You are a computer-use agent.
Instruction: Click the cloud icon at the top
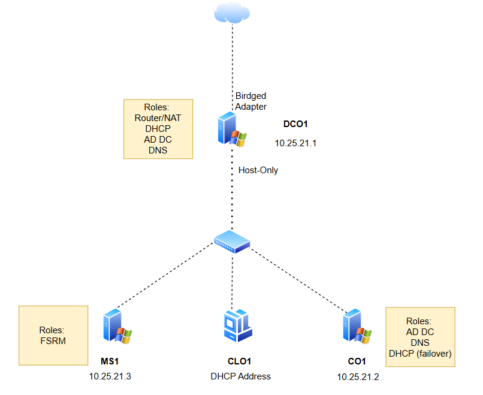(x=232, y=13)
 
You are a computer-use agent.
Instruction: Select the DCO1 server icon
(x=232, y=129)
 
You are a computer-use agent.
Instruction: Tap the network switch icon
(x=232, y=242)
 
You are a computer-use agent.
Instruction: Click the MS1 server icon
(x=117, y=326)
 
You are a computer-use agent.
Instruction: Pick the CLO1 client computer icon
(x=238, y=325)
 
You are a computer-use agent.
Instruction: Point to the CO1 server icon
(x=357, y=326)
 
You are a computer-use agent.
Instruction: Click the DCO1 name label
(x=295, y=124)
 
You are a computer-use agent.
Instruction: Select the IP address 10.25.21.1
(x=295, y=143)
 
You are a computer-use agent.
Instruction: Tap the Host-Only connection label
(x=258, y=170)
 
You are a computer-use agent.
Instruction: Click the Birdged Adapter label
(x=250, y=101)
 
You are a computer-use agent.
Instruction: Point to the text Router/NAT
(x=158, y=118)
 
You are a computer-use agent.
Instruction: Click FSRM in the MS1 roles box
(x=53, y=341)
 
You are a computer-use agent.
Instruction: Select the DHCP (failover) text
(x=420, y=354)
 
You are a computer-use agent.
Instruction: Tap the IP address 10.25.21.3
(x=110, y=376)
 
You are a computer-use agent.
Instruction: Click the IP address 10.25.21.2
(x=358, y=377)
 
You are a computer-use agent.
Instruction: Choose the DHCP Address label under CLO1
(x=240, y=376)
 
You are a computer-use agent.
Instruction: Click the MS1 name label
(x=110, y=361)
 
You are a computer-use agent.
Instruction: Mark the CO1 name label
(x=357, y=361)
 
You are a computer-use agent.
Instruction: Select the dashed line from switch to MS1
(x=166, y=275)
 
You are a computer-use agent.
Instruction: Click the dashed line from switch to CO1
(x=299, y=280)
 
